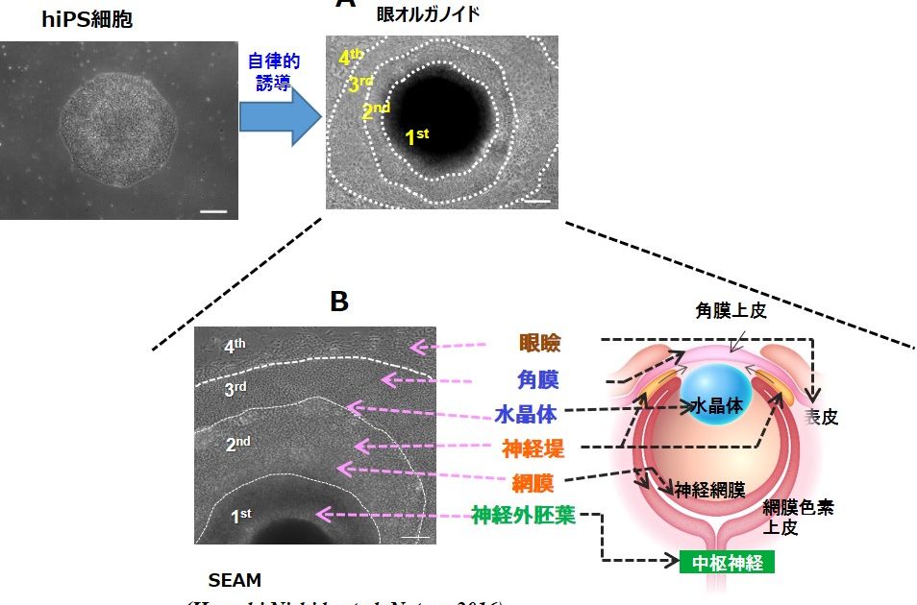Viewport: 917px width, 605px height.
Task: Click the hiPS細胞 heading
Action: point(87,20)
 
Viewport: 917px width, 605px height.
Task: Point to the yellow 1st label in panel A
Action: point(416,136)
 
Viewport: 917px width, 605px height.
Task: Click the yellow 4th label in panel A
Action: point(351,58)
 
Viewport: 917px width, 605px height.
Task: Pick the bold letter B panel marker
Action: point(338,302)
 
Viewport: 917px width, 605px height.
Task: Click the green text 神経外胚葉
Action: point(523,516)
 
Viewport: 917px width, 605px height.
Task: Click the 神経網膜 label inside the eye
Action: point(708,491)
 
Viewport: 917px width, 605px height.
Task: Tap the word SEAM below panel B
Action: point(235,580)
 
